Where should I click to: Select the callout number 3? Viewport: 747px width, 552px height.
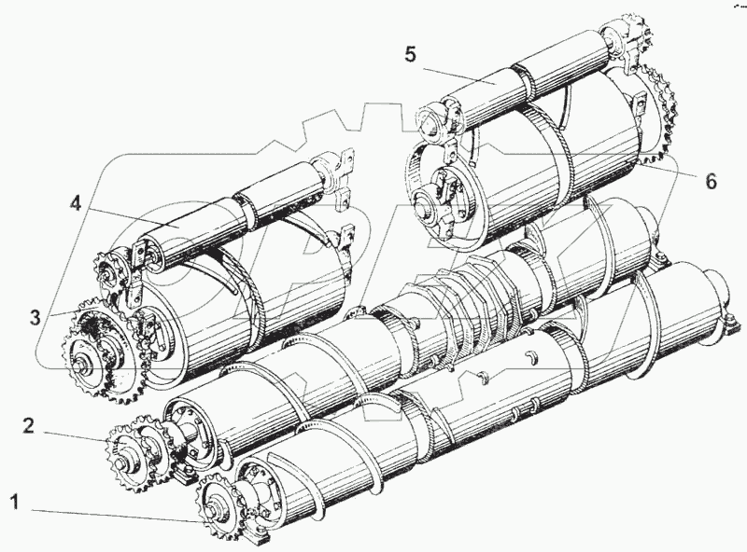point(35,316)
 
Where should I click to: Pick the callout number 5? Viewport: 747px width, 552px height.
point(411,53)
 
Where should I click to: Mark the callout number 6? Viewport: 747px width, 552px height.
point(711,181)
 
